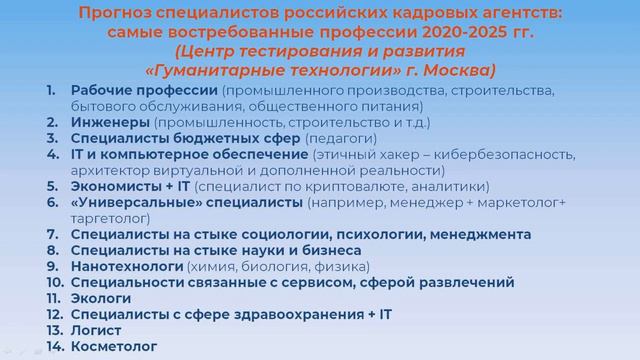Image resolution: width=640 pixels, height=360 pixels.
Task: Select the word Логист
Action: click(96, 330)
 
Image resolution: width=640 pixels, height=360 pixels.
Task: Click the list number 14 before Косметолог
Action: click(54, 346)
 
